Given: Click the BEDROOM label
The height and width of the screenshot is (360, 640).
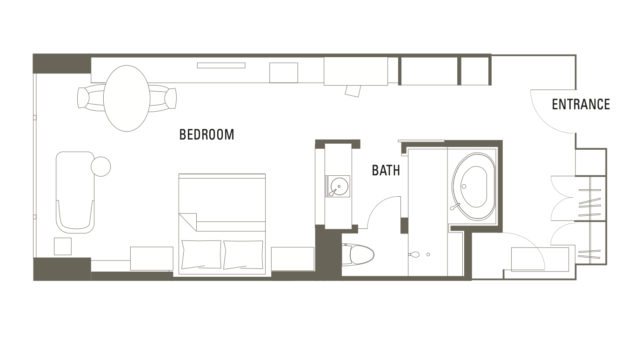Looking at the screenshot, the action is click(x=207, y=135).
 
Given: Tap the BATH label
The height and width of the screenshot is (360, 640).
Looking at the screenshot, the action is click(x=386, y=170).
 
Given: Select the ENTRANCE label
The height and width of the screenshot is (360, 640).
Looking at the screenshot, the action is click(x=581, y=104).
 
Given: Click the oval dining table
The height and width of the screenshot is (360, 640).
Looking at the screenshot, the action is click(x=127, y=98).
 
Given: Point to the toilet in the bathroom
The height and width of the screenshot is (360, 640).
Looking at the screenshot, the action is click(x=358, y=255).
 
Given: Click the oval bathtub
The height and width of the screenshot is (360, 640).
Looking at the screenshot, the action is click(x=473, y=187).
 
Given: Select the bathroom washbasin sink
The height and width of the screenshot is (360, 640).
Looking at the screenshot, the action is click(x=338, y=187).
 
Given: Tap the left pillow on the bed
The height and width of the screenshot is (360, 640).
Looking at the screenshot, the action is click(x=201, y=254).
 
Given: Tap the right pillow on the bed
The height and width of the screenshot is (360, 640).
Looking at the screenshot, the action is click(x=243, y=254).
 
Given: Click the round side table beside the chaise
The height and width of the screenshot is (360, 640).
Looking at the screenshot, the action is click(x=101, y=167).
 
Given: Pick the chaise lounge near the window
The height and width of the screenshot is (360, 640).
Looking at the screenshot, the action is click(x=76, y=192).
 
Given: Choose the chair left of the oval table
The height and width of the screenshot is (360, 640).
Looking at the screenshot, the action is click(x=91, y=98).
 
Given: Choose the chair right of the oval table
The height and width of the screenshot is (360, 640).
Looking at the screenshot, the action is click(x=162, y=98).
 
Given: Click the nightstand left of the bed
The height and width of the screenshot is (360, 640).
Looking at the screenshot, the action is click(x=152, y=258).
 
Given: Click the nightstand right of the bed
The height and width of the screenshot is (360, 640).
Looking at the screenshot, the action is click(x=293, y=259).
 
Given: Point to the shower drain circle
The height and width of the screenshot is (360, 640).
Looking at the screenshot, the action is click(x=428, y=255).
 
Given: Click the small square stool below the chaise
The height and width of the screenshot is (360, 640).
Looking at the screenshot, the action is click(x=63, y=247).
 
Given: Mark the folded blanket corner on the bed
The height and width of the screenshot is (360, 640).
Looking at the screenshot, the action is click(x=188, y=222).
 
